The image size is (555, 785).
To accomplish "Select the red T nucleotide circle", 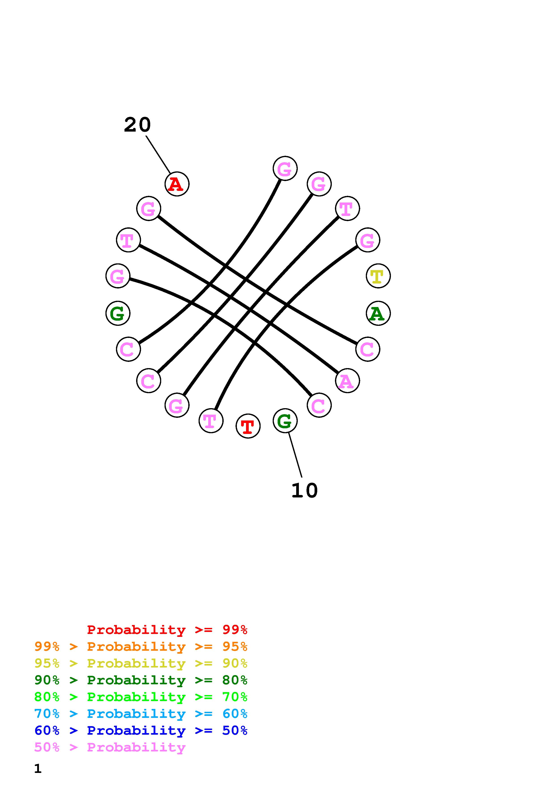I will tap(248, 426).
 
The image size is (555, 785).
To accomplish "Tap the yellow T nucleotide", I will tap(378, 276).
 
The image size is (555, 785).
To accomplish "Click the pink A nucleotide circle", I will tap(347, 381).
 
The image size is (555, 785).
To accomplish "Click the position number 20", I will tap(137, 125).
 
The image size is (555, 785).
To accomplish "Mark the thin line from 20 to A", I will tap(158, 155).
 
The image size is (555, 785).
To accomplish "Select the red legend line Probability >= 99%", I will tap(167, 629).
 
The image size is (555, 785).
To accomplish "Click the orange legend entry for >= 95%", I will tap(141, 646).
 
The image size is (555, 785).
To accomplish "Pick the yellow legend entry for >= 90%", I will tap(141, 663).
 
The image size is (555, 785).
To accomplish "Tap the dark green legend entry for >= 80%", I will tap(141, 680).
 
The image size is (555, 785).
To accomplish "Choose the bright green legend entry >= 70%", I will tap(141, 697).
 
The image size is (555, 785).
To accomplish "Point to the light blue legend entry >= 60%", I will tap(141, 714).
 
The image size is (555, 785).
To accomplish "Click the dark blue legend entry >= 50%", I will tap(141, 730).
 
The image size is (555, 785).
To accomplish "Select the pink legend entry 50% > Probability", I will tap(110, 747).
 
